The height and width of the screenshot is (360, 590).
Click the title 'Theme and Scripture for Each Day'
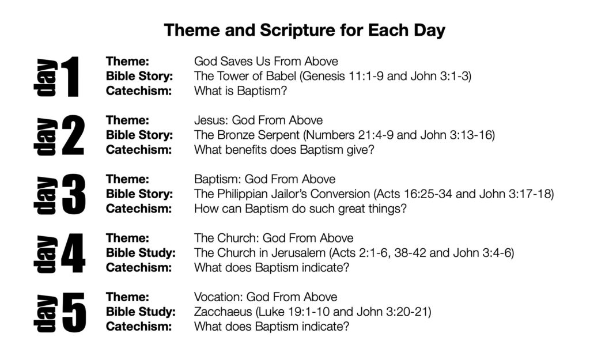click(304, 31)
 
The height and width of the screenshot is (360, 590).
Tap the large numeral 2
click(73, 135)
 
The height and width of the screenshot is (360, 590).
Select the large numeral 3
click(73, 195)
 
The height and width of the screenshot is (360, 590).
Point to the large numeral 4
click(73, 253)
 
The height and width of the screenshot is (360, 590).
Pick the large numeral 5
click(74, 313)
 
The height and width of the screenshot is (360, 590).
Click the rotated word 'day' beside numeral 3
click(46, 195)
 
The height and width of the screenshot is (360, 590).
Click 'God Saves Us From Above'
click(266, 61)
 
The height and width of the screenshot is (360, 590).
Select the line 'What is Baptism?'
click(240, 90)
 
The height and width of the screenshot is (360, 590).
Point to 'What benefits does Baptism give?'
click(284, 150)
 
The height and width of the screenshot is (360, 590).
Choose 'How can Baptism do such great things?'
click(300, 209)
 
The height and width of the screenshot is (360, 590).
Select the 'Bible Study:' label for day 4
click(141, 253)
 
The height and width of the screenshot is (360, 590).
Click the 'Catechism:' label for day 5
click(139, 326)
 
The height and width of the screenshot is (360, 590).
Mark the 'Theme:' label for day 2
click(127, 120)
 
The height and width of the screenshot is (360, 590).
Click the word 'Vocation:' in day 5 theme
click(218, 297)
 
